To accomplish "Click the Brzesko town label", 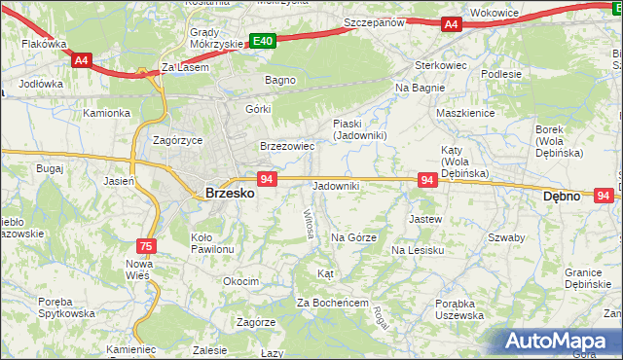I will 231,194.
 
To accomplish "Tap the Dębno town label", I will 561,196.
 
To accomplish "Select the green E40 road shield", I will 262,41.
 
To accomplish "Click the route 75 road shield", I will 145,247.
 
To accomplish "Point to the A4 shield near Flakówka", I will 82,59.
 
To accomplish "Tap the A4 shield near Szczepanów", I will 450,24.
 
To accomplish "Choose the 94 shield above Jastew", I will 426,180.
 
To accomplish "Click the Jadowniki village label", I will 336,186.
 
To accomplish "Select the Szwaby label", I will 506,237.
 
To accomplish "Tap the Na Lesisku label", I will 418,250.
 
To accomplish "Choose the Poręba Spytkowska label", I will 69,306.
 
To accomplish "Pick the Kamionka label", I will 106,113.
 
